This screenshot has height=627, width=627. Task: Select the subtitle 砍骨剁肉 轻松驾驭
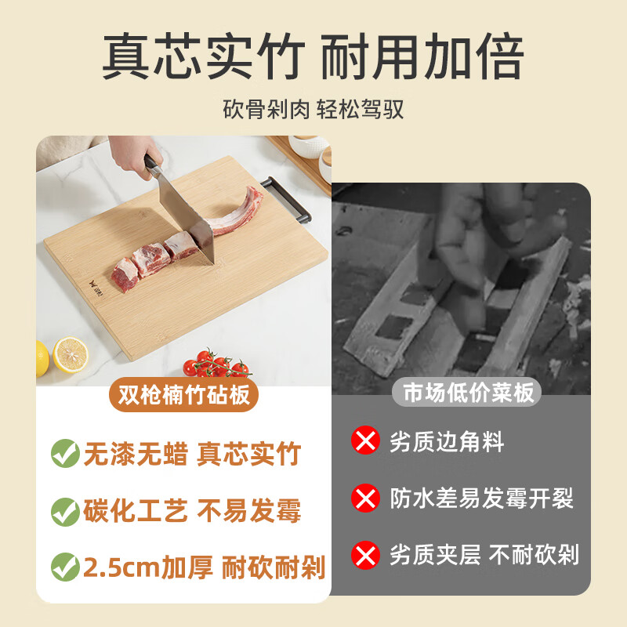point(313,108)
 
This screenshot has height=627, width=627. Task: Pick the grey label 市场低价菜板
point(469,392)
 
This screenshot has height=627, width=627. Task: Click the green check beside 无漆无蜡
point(64,453)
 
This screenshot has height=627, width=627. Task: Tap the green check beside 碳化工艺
point(64,511)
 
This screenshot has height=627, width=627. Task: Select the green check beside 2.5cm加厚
point(64,566)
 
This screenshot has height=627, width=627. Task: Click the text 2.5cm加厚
point(148,567)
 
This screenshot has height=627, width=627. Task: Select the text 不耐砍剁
point(534,555)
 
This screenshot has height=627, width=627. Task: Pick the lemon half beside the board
point(70,356)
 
